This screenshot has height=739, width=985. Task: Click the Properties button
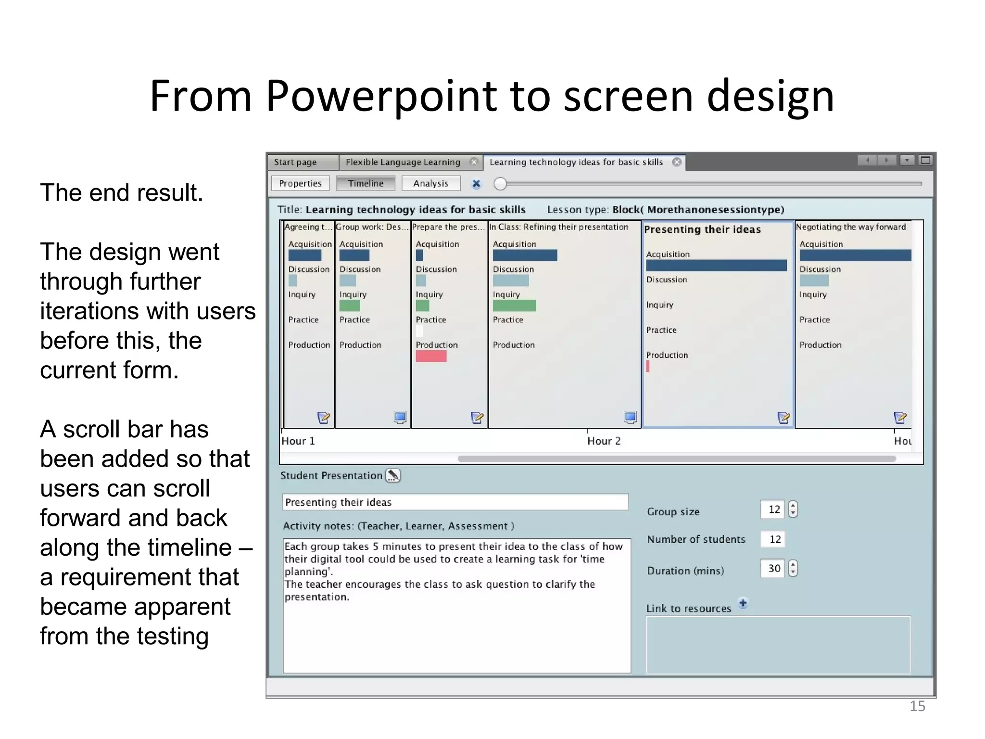click(x=300, y=183)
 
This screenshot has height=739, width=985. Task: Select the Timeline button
click(x=366, y=183)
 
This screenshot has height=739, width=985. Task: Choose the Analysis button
click(x=430, y=183)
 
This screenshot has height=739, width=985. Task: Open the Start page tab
click(x=295, y=162)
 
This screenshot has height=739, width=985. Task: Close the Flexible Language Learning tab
click(x=474, y=162)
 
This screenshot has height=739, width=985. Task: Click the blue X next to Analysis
click(x=476, y=184)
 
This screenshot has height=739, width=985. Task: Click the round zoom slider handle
click(x=500, y=184)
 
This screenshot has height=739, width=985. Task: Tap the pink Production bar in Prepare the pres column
click(x=431, y=356)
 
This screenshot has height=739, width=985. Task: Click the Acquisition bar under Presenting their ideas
click(x=716, y=266)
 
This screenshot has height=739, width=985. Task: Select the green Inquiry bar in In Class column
click(x=514, y=306)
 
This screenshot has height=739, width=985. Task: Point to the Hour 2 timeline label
click(x=604, y=441)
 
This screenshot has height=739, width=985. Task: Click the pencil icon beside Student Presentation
click(x=393, y=475)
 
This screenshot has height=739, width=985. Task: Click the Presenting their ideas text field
click(x=455, y=502)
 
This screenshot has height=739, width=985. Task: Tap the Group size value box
click(x=773, y=510)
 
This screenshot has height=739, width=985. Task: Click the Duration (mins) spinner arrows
click(x=793, y=569)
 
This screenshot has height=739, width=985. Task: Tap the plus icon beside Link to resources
click(x=743, y=603)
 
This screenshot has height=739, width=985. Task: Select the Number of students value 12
click(x=774, y=539)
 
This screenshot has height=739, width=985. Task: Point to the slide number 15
click(x=917, y=706)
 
